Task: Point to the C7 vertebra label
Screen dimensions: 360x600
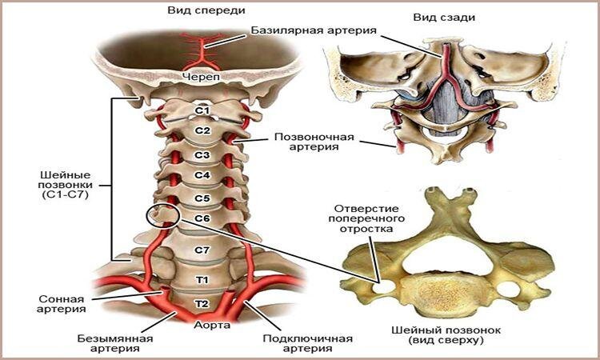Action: click(x=202, y=250)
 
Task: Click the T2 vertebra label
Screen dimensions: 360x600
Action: click(x=202, y=303)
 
